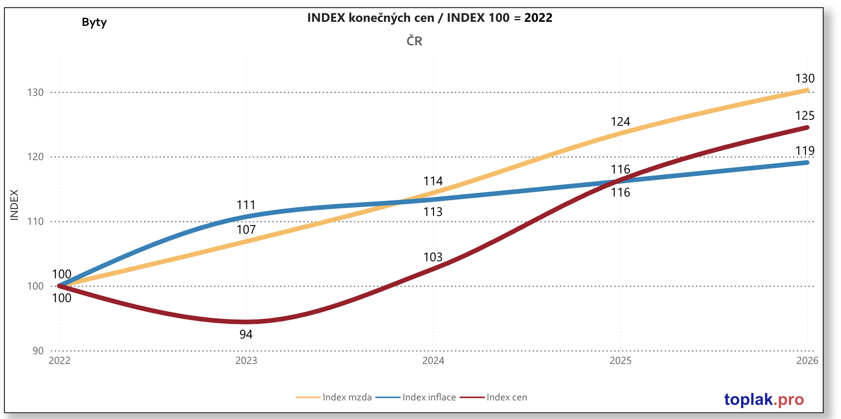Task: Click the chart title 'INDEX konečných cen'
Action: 429,18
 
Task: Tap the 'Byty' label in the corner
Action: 94,22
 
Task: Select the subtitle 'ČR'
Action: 414,41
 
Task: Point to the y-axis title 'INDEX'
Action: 14,205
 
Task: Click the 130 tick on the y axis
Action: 35,93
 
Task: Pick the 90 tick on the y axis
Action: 38,351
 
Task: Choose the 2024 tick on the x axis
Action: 433,361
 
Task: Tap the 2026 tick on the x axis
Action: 807,361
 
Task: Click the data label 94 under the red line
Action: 246,334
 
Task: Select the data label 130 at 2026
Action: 805,78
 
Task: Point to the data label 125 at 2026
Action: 805,116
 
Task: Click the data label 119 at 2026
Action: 805,151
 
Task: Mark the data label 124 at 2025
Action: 620,122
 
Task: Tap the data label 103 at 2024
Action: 433,257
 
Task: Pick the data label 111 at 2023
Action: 246,205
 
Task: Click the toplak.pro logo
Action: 764,400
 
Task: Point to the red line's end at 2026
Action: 807,128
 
